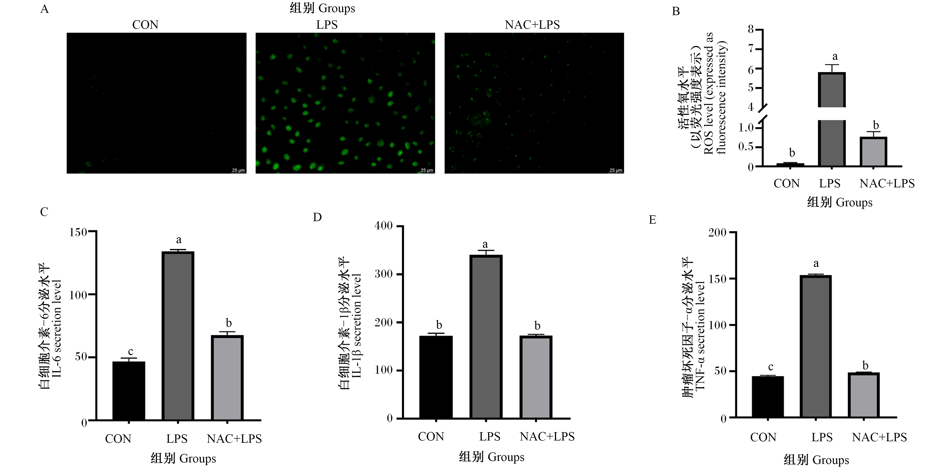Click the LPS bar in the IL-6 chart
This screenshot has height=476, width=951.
pos(178,336)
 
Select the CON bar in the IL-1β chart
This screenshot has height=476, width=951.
pos(436,377)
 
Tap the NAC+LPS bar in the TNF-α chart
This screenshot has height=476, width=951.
pos(864,395)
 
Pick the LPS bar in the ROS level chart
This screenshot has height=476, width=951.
pos(832,119)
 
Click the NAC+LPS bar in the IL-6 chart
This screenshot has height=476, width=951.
pos(227,378)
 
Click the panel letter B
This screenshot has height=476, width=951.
pos(676,11)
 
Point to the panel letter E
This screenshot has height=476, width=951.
pos(652,220)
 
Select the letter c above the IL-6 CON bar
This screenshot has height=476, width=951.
pos(130,352)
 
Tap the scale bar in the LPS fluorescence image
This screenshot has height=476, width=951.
pos(427,172)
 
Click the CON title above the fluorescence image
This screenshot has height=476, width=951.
pos(145,25)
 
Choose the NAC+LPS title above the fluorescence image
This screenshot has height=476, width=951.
pos(532,25)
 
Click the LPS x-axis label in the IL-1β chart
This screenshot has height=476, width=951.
pos(489,436)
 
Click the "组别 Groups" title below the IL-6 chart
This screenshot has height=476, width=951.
pos(183,458)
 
